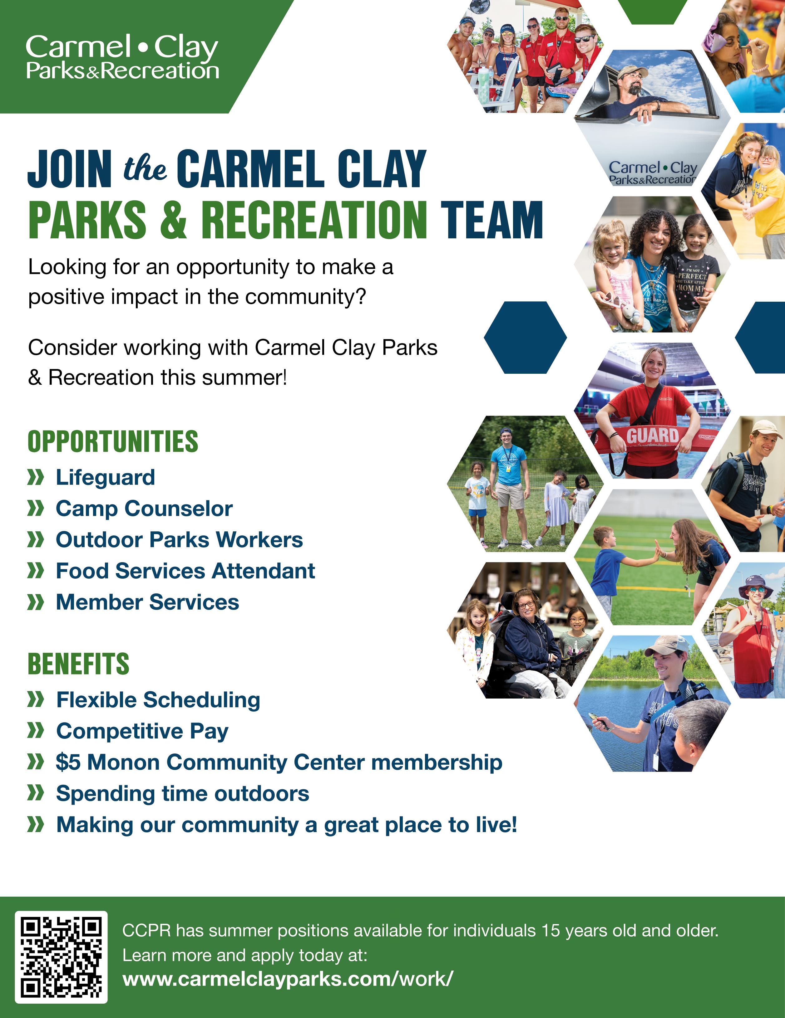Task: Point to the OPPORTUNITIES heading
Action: point(113,441)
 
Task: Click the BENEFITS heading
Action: point(78,664)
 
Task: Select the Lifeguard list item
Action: point(106,477)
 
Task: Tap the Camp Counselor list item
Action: point(144,509)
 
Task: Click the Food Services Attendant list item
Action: point(185,571)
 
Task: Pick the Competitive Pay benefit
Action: point(142,731)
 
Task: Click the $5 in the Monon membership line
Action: point(68,762)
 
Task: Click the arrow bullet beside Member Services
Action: point(36,602)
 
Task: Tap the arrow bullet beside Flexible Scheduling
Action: point(36,700)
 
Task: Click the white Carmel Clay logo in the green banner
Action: point(122,57)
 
